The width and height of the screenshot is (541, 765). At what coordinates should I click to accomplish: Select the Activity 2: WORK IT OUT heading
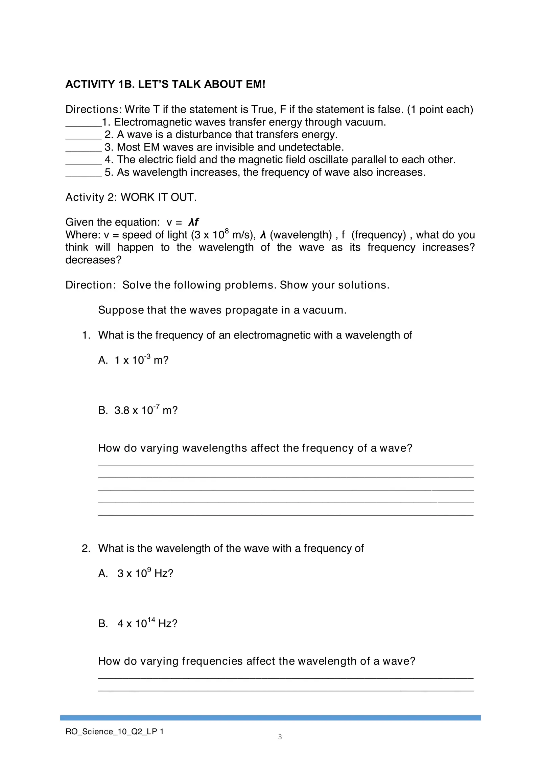[131, 197]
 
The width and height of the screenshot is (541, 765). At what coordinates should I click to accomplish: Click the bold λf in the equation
[193, 222]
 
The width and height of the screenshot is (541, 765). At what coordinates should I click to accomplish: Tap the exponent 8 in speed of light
[227, 231]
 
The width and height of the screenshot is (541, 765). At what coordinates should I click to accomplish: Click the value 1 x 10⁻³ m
[141, 360]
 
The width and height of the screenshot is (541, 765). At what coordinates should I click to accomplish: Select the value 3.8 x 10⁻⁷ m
[145, 410]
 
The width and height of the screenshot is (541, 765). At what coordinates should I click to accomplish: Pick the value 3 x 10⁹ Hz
[145, 573]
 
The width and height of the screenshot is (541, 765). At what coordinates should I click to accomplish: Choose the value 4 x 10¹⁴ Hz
[147, 623]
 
